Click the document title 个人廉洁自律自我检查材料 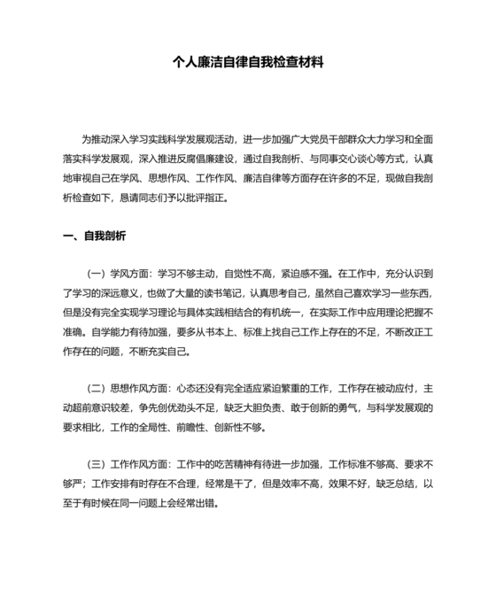click(248, 64)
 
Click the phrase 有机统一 click(303, 313)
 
